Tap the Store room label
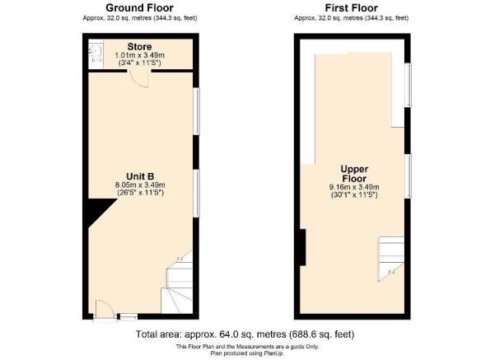138,46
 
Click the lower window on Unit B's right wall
195,193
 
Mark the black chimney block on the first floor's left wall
301,247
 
